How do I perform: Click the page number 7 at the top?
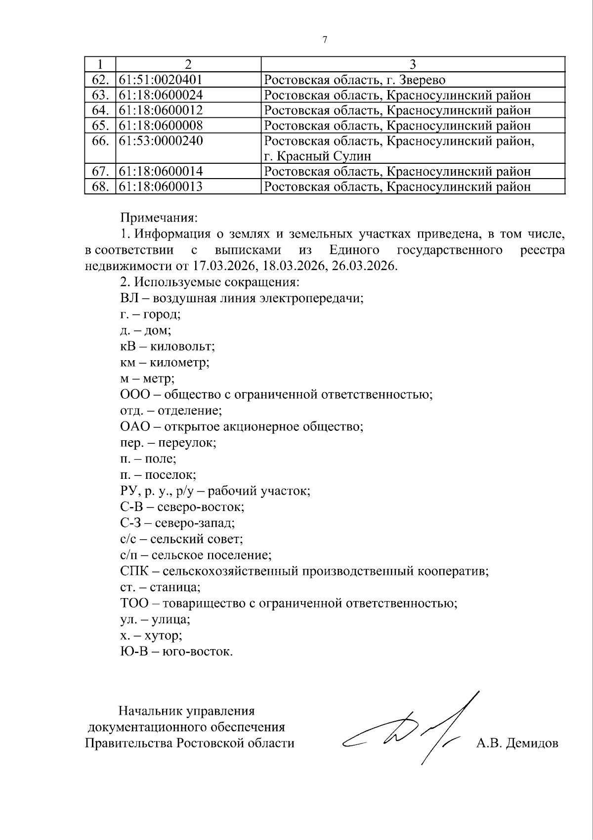click(325, 40)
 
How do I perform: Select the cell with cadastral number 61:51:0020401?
click(161, 80)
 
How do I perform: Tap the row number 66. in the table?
click(100, 141)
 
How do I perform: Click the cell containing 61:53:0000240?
click(161, 141)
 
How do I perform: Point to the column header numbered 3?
click(413, 64)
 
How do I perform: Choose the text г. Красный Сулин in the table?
click(317, 157)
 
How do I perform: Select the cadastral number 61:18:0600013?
click(161, 187)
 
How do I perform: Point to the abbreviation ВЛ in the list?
click(127, 298)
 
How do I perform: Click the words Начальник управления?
click(187, 711)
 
